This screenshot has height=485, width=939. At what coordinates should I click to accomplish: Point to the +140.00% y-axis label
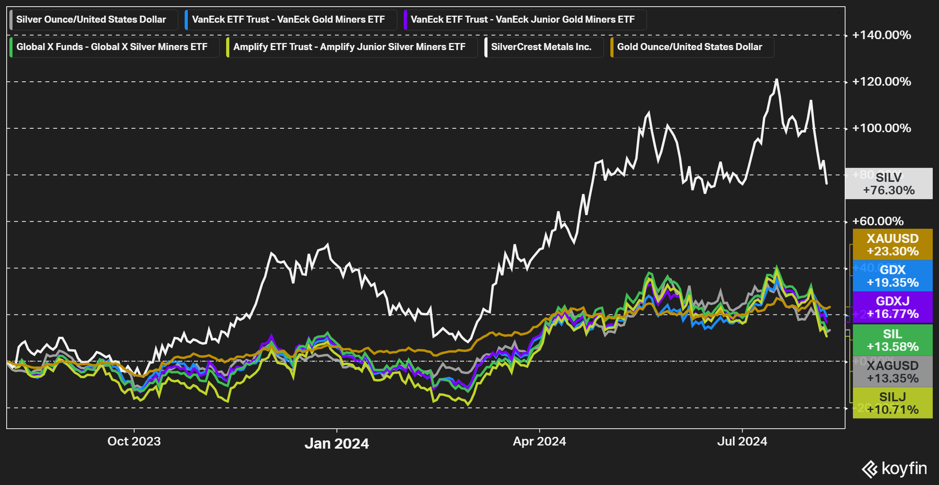pyautogui.click(x=881, y=35)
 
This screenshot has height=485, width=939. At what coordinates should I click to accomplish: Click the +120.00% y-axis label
pyautogui.click(x=881, y=82)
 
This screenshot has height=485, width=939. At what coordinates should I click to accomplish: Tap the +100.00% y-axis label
pyautogui.click(x=881, y=128)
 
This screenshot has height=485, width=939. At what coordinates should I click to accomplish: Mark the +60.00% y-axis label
pyautogui.click(x=878, y=221)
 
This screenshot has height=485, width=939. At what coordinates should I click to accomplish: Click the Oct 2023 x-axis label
pyautogui.click(x=134, y=441)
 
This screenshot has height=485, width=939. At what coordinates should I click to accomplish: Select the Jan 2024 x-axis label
pyautogui.click(x=336, y=444)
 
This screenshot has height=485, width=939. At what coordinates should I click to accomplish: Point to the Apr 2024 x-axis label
pyautogui.click(x=539, y=441)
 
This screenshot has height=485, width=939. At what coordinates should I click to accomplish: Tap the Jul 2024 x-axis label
pyautogui.click(x=742, y=441)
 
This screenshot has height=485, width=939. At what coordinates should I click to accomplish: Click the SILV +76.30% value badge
pyautogui.click(x=889, y=184)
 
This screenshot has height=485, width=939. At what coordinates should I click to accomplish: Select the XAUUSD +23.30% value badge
pyautogui.click(x=892, y=244)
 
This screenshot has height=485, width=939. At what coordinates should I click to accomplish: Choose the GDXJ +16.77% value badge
pyautogui.click(x=892, y=307)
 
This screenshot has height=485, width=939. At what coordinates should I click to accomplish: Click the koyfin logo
pyautogui.click(x=894, y=469)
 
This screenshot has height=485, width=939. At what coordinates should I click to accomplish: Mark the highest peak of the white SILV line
pyautogui.click(x=777, y=79)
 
